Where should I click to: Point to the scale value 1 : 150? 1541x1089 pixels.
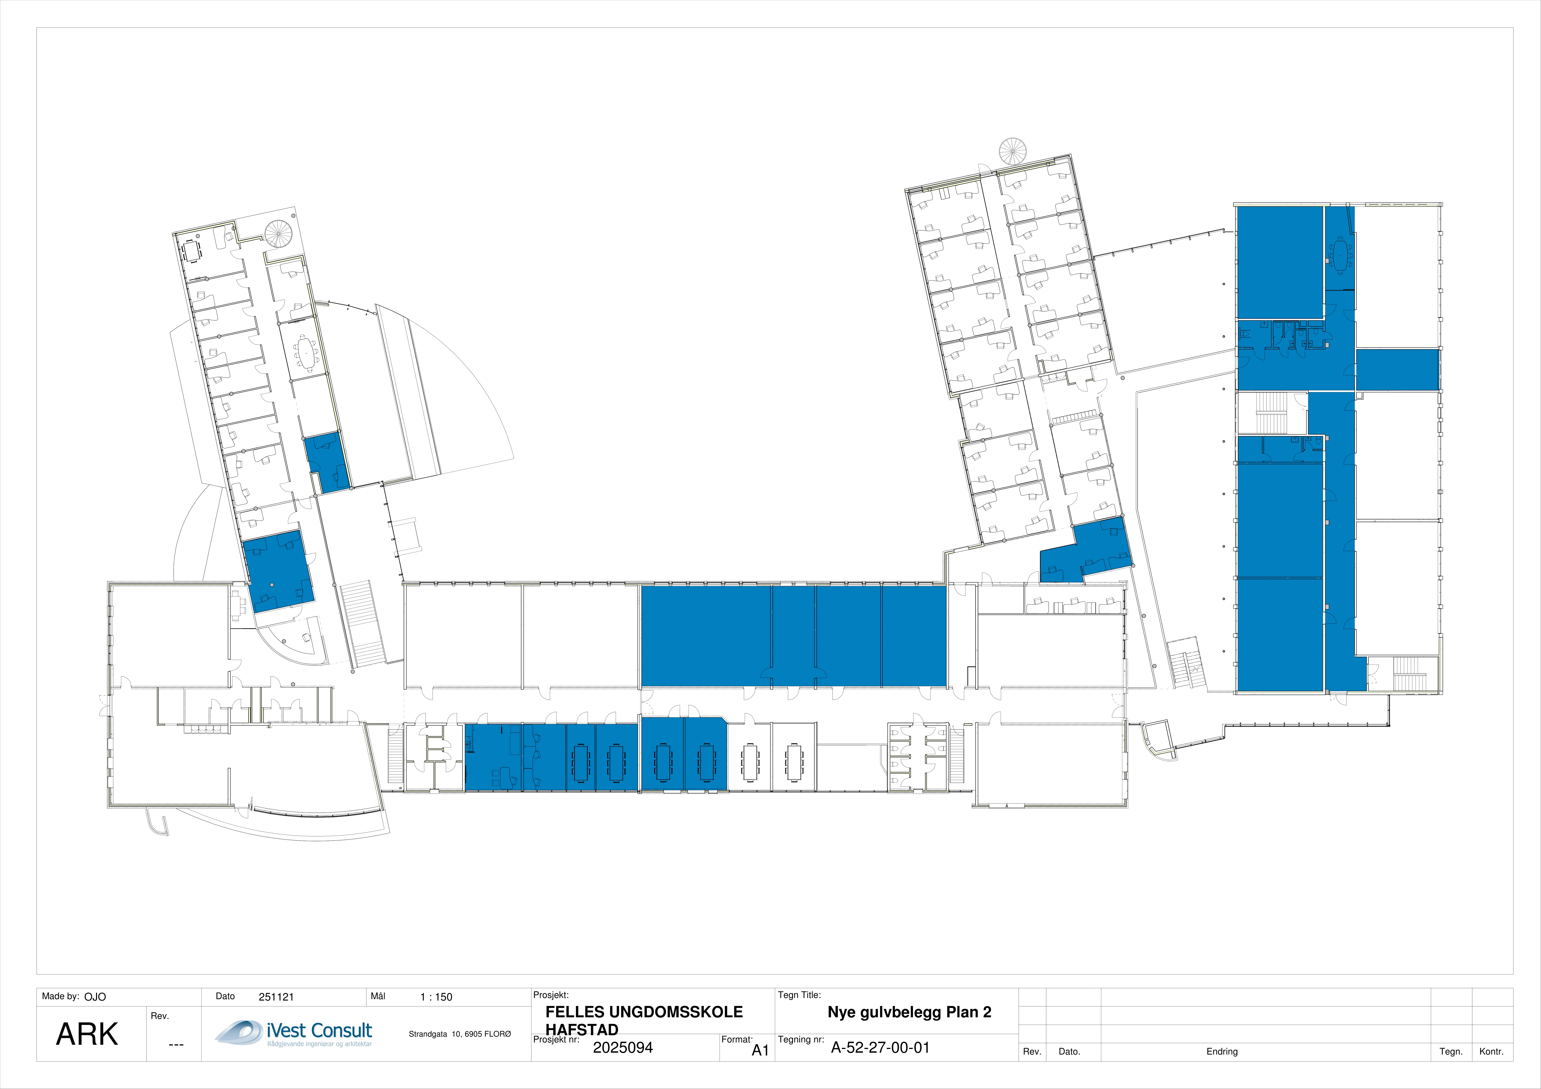[436, 997]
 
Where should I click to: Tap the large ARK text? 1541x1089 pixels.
[87, 1034]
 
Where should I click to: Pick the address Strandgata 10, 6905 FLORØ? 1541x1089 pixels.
[460, 1034]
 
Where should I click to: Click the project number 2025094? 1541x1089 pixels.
[623, 1047]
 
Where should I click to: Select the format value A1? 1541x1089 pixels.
[760, 1050]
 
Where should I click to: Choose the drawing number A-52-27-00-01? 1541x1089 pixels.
[881, 1047]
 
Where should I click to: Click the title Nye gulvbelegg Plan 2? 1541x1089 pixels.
[910, 1012]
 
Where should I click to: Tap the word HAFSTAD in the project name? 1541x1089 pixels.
[582, 1029]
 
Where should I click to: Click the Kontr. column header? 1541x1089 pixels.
[1491, 1051]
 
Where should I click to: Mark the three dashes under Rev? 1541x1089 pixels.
[176, 1045]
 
